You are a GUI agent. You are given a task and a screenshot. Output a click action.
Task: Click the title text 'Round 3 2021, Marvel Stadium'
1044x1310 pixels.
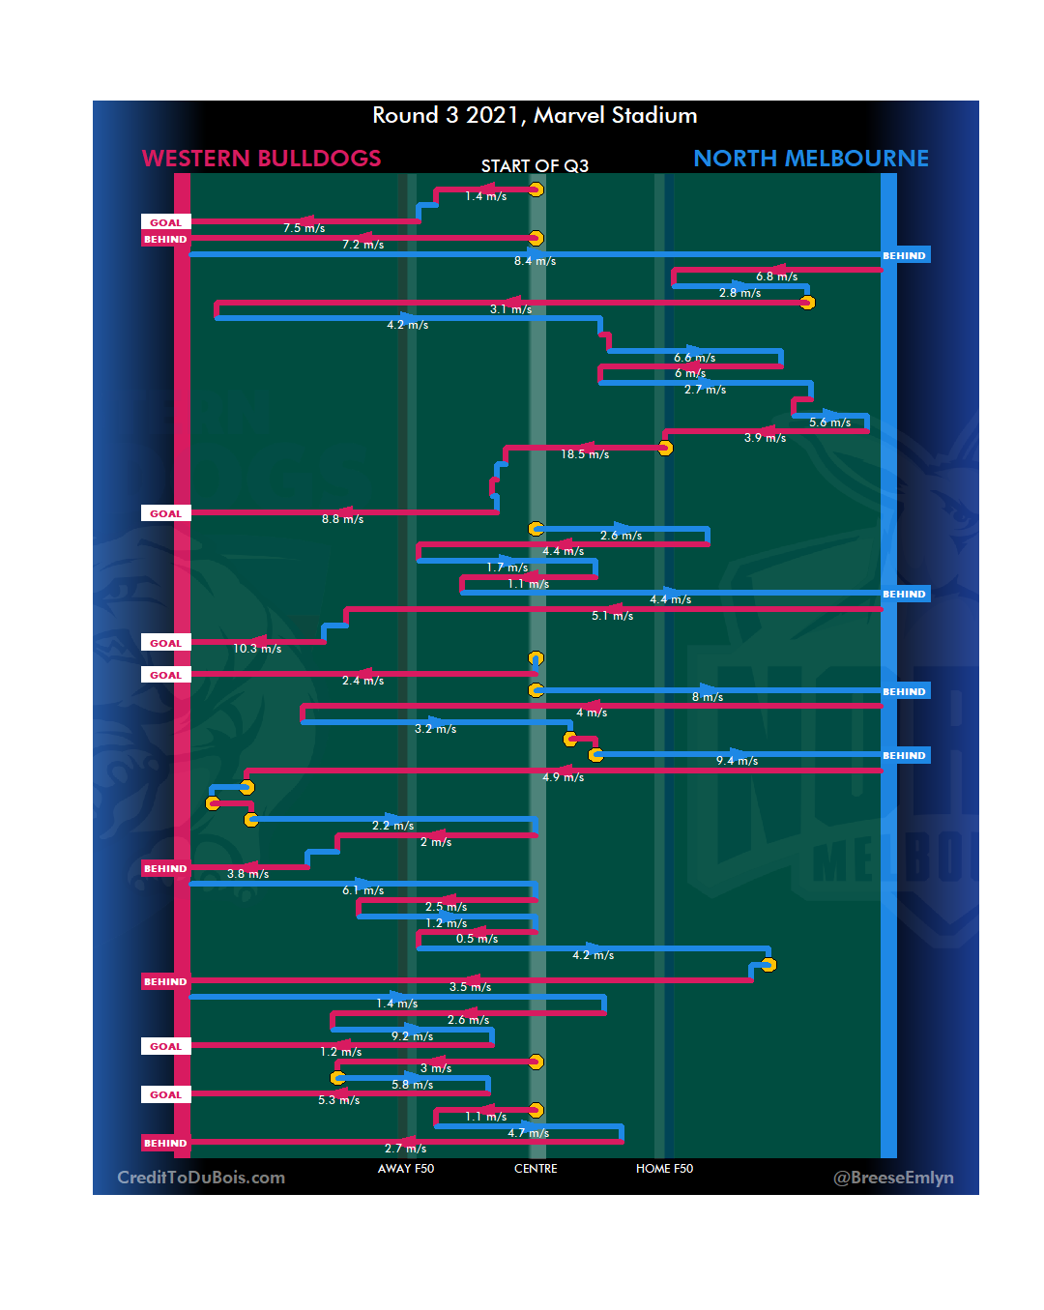[x=535, y=116]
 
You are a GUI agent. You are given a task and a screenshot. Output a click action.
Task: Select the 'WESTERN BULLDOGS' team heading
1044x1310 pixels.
[x=261, y=159]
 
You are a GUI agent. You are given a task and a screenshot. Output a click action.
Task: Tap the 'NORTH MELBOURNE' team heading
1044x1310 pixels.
[x=810, y=159]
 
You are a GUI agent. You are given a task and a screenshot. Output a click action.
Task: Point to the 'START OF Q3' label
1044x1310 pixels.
[x=535, y=166]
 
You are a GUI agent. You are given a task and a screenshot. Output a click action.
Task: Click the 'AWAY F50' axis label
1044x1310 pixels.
[x=406, y=1169]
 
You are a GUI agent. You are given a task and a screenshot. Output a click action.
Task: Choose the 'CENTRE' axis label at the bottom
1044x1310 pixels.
[x=536, y=1169]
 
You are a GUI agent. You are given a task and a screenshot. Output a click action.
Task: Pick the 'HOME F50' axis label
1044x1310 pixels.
[x=664, y=1169]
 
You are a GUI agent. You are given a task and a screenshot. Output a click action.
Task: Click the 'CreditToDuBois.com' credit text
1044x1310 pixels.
[x=201, y=1178]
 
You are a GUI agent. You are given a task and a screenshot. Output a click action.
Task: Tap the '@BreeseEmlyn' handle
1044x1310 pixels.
[x=893, y=1178]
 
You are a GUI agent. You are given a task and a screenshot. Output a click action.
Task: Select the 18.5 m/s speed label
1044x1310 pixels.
[x=585, y=454]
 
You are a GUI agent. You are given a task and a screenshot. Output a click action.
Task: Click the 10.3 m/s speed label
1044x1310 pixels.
[x=257, y=649]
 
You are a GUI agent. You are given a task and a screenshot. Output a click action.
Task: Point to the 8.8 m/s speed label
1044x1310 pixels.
[x=343, y=519]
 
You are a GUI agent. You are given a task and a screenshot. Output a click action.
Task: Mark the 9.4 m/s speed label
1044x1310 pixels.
[x=737, y=761]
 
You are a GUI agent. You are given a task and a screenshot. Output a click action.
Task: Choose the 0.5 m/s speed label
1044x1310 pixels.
[x=477, y=939]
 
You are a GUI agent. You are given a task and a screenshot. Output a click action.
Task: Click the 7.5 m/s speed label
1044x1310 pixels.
[x=304, y=228]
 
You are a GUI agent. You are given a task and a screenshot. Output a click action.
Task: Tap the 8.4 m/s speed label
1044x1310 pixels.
[x=535, y=261]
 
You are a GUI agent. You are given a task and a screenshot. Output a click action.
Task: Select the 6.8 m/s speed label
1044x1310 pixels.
[x=776, y=277]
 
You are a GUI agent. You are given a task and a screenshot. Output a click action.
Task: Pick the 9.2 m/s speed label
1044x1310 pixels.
[x=412, y=1036]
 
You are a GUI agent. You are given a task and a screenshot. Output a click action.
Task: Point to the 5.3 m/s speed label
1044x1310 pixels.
[x=338, y=1100]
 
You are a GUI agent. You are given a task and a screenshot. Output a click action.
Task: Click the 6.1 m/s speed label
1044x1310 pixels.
[x=362, y=890]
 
